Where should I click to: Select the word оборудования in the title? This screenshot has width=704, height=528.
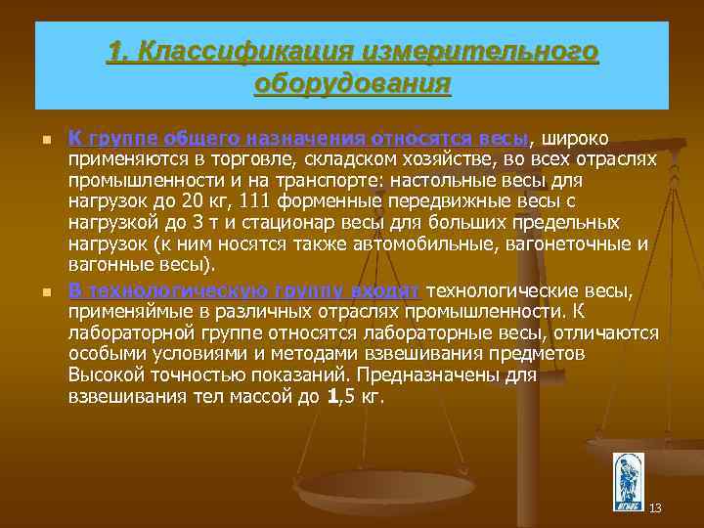click(x=352, y=82)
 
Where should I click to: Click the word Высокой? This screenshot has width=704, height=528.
click(x=105, y=375)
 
